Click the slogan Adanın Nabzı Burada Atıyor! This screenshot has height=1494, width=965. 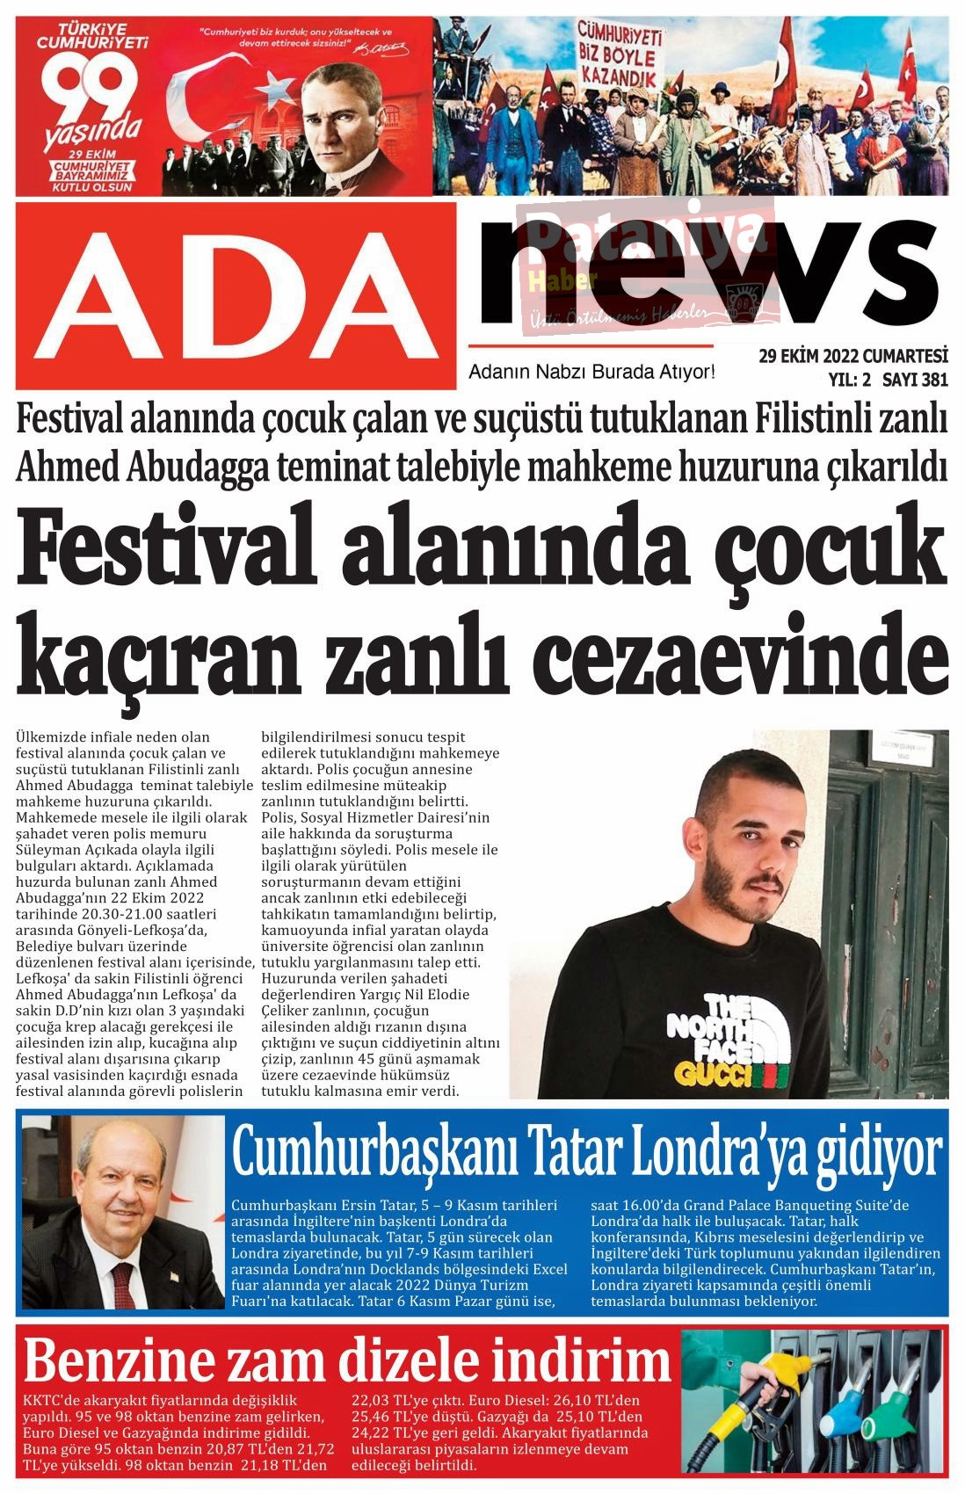point(592,372)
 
